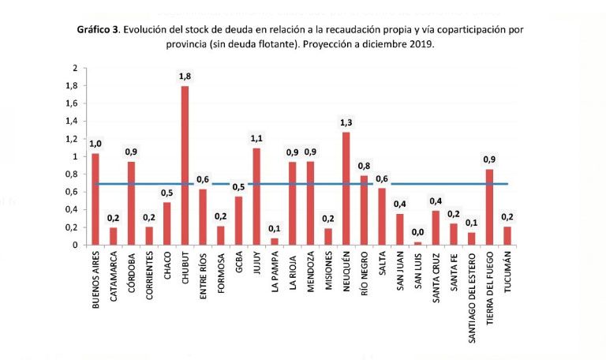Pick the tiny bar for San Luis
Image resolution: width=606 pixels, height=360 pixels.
pyautogui.click(x=417, y=243)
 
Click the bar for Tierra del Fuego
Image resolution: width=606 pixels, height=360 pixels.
pyautogui.click(x=489, y=207)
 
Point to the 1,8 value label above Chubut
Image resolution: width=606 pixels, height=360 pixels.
pyautogui.click(x=185, y=76)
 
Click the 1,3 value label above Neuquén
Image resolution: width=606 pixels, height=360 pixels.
pyautogui.click(x=346, y=122)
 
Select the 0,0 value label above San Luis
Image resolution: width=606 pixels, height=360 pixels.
pyautogui.click(x=417, y=232)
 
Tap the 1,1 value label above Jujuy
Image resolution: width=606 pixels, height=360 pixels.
pyautogui.click(x=256, y=138)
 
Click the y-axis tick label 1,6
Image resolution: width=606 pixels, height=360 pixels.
pyautogui.click(x=71, y=103)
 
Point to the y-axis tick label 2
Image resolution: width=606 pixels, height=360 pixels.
pyautogui.click(x=75, y=69)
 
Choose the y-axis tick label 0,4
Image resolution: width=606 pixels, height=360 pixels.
pyautogui.click(x=71, y=209)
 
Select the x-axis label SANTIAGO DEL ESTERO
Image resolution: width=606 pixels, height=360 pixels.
pyautogui.click(x=472, y=296)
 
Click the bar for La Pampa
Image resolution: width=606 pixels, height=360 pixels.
pyautogui.click(x=275, y=242)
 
